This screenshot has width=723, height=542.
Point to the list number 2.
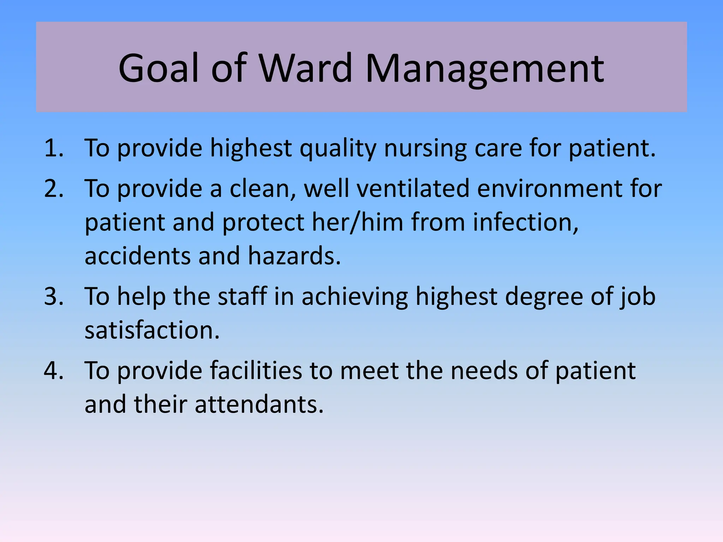54,188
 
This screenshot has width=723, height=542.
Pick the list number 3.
54,296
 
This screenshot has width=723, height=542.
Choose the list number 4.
54,371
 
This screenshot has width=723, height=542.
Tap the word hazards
294,255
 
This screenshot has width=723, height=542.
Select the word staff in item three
242,296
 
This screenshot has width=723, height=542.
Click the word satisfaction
152,330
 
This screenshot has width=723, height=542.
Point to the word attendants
259,404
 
